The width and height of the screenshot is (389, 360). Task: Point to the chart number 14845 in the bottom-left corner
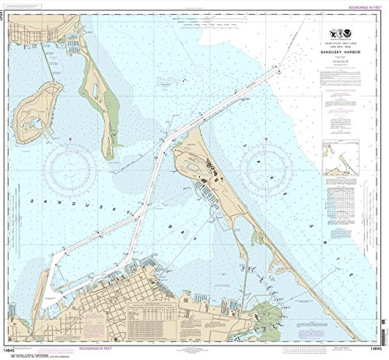point(14,348)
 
